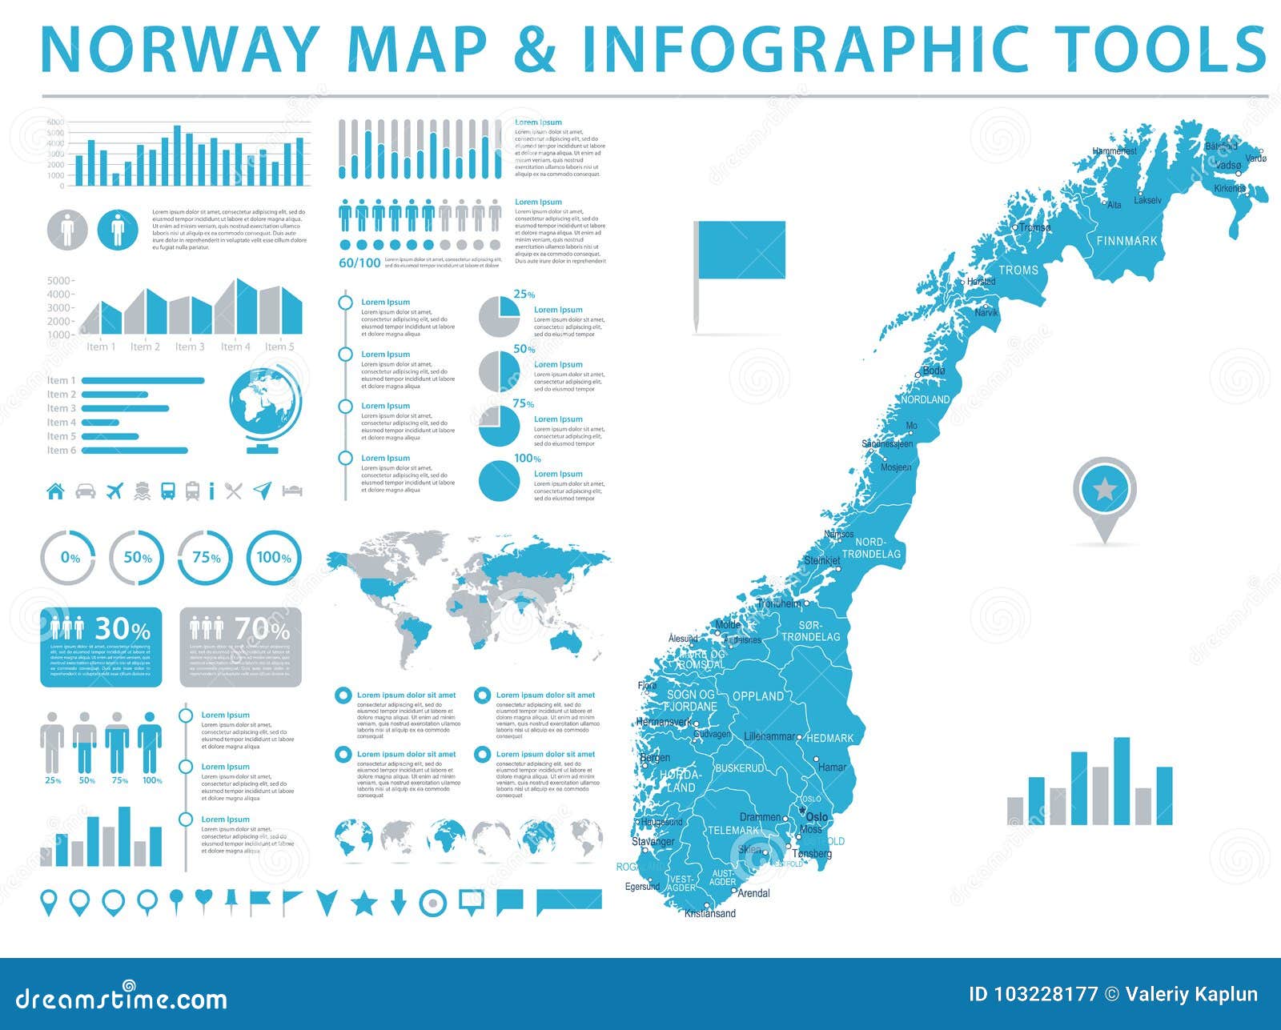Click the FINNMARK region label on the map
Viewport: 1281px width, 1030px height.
click(1126, 241)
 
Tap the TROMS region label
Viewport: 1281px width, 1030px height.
click(1018, 271)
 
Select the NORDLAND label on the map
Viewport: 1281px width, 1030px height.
click(926, 399)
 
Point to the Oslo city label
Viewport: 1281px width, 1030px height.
click(817, 817)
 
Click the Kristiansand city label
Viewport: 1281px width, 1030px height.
click(710, 913)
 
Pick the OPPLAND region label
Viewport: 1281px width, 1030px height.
click(758, 696)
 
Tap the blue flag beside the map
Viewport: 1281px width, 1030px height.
click(741, 250)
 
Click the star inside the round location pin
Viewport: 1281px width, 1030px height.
click(1105, 488)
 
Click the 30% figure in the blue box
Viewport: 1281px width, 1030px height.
click(122, 629)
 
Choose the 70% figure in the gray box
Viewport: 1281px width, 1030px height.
click(262, 629)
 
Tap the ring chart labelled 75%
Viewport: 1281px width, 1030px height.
click(206, 558)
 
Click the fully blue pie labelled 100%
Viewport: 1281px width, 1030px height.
click(500, 480)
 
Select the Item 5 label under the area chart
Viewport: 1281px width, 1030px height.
click(279, 347)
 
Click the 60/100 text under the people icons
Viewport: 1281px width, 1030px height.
click(359, 263)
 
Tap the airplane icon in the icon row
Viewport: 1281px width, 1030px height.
click(115, 491)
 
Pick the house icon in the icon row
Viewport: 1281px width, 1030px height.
click(55, 491)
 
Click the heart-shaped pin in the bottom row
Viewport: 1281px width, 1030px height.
click(203, 900)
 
